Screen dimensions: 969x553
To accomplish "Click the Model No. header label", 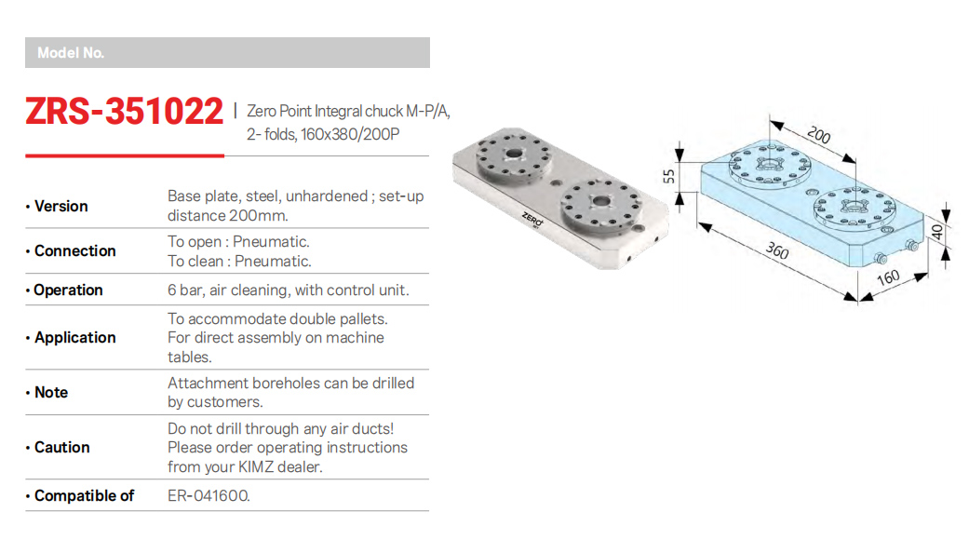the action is click(71, 53).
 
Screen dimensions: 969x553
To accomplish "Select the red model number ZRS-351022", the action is click(124, 111).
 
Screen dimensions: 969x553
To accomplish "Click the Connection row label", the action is click(74, 250).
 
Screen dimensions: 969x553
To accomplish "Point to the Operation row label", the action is click(68, 290).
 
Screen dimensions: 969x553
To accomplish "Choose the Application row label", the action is click(74, 338).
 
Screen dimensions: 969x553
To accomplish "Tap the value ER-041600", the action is click(209, 495).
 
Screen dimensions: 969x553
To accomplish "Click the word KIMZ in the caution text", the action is click(255, 466).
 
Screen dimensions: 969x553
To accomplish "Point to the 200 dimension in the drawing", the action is click(819, 135).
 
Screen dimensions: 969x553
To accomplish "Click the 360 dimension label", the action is click(777, 250).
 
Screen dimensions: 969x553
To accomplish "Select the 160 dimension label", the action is click(888, 278).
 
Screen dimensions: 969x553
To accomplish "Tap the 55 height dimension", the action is click(668, 177).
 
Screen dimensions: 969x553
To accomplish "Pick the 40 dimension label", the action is click(936, 233).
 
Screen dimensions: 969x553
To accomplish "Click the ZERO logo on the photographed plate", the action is click(532, 220).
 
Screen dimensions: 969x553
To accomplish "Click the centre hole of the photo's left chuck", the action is click(514, 153).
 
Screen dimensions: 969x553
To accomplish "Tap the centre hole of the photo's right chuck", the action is click(600, 201).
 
